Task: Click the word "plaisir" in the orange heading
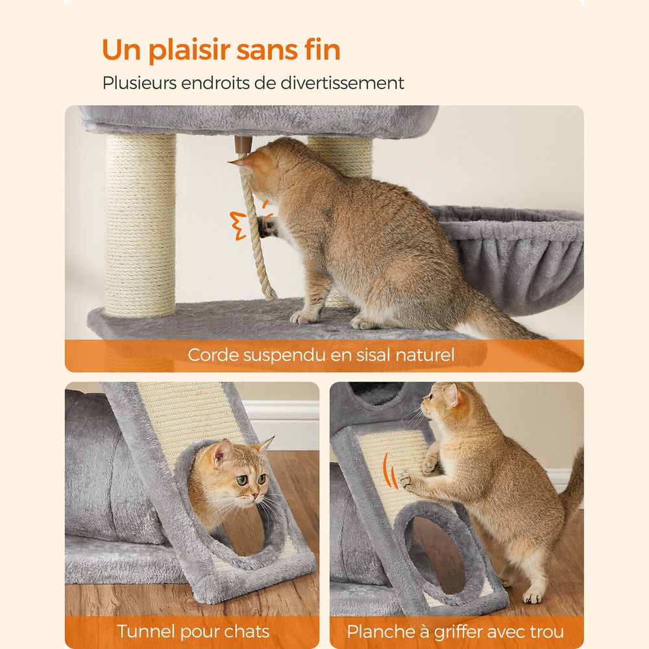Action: pyautogui.click(x=189, y=51)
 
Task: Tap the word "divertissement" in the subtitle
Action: pyautogui.click(x=342, y=83)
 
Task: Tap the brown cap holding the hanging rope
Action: pyautogui.click(x=243, y=145)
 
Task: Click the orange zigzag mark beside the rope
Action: pyautogui.click(x=238, y=225)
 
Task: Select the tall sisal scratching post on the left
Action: pyautogui.click(x=141, y=225)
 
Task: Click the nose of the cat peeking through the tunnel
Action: pyautogui.click(x=254, y=495)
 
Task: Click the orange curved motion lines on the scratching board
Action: pyautogui.click(x=389, y=471)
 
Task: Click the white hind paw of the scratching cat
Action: pyautogui.click(x=532, y=596)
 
